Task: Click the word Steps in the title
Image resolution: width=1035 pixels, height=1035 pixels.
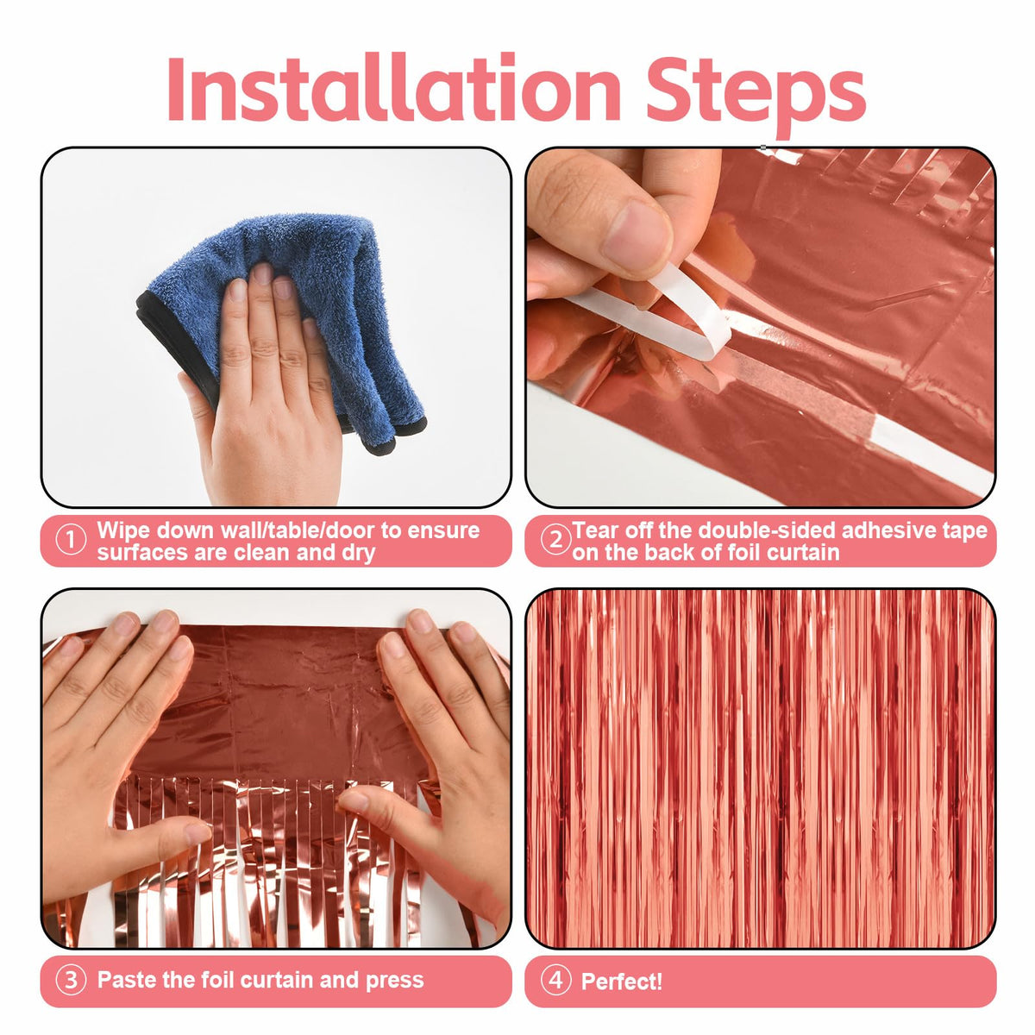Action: [756, 94]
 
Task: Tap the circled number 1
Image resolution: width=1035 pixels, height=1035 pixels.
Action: [71, 541]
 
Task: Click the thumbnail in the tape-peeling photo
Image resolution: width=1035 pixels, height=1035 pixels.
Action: [636, 236]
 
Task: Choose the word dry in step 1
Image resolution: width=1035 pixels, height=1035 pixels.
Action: [358, 554]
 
